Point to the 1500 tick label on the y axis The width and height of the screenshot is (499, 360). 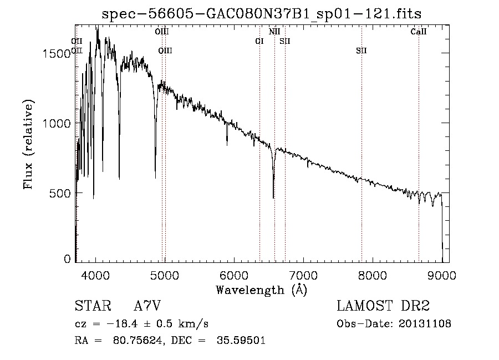point(57,53)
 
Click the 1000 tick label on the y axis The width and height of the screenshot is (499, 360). point(57,123)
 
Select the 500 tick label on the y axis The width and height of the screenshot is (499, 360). point(61,193)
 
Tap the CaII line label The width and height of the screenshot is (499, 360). point(419,32)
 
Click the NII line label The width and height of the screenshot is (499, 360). point(274,32)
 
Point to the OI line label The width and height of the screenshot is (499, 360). point(259,41)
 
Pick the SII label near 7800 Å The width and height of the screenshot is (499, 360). point(361,51)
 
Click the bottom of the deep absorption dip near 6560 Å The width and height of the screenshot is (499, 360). point(273,197)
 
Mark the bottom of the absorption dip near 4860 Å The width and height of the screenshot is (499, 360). point(155,178)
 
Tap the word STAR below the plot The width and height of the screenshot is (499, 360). point(91,306)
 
